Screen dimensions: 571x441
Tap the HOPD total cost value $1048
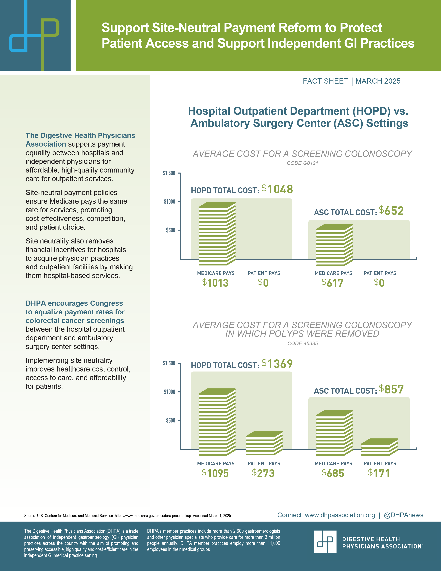click(x=277, y=189)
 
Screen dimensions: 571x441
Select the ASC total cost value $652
click(x=391, y=211)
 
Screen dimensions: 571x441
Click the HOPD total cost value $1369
click(x=277, y=364)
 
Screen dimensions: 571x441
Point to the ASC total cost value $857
click(x=391, y=389)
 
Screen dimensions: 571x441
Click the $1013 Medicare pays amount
click(x=215, y=283)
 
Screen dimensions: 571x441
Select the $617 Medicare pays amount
click(x=332, y=283)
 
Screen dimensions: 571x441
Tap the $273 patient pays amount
click(x=263, y=473)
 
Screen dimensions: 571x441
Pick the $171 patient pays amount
click(x=379, y=473)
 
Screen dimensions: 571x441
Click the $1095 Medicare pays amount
click(x=215, y=473)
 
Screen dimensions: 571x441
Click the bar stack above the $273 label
click(x=264, y=443)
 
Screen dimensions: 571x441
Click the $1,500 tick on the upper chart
click(x=169, y=173)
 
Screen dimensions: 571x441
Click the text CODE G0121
click(x=302, y=163)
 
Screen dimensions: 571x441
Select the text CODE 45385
click(x=302, y=343)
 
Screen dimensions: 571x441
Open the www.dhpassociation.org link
click(x=340, y=515)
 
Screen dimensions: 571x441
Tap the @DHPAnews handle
click(x=403, y=515)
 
